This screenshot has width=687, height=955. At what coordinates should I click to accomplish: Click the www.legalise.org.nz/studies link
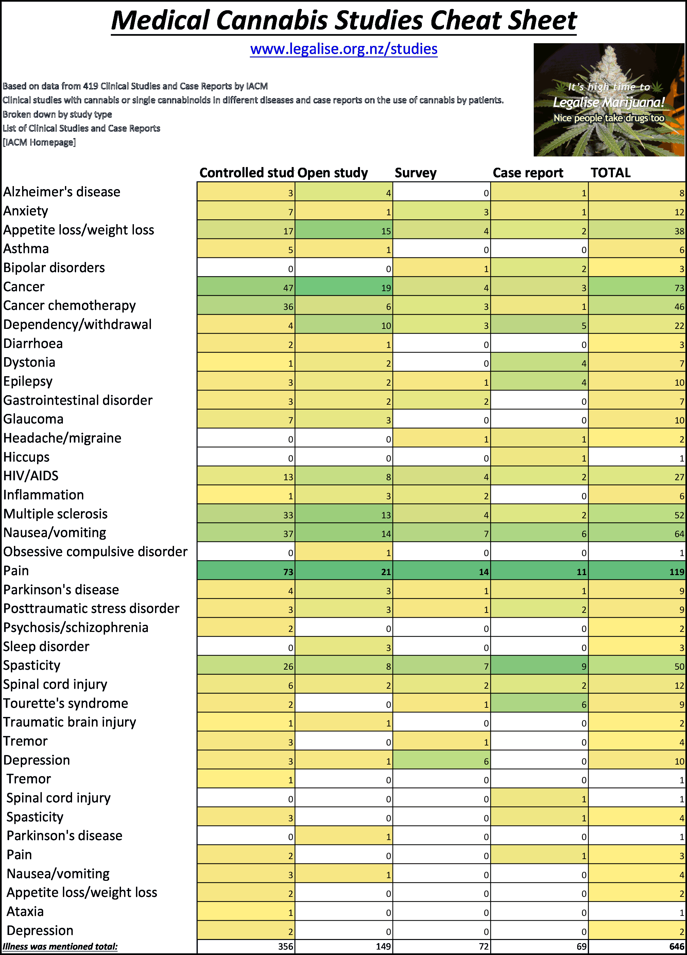[x=343, y=49]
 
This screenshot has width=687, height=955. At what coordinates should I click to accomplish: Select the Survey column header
[x=415, y=173]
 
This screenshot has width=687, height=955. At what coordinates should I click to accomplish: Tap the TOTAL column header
[x=611, y=173]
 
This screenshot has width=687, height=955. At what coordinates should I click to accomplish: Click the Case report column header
[x=528, y=173]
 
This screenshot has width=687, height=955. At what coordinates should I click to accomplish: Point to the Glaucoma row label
[x=33, y=419]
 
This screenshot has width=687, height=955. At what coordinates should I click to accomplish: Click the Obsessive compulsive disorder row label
[x=95, y=552]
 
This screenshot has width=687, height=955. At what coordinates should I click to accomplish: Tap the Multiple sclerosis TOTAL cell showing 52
[x=637, y=514]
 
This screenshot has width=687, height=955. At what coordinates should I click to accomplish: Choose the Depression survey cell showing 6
[x=441, y=760]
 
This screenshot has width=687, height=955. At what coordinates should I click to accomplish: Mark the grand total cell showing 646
[x=637, y=946]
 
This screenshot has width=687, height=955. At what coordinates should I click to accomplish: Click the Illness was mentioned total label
[x=60, y=946]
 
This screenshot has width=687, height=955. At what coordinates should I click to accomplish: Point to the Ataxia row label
[x=25, y=911]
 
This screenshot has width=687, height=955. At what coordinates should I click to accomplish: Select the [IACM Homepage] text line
[x=39, y=142]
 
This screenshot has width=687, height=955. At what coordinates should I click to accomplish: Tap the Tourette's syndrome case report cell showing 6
[x=539, y=704]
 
